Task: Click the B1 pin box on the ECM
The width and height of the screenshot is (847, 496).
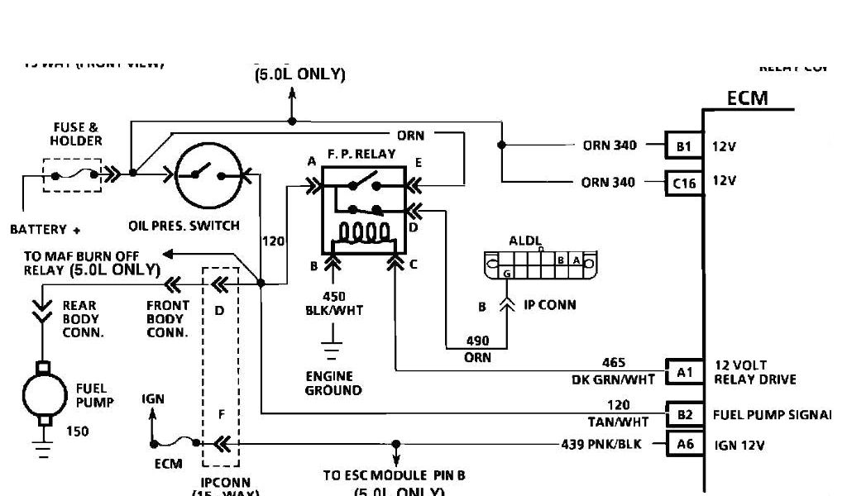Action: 684,146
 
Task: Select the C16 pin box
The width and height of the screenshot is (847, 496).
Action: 684,183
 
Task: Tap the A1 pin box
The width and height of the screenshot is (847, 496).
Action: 684,372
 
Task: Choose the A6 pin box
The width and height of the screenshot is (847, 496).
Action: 684,444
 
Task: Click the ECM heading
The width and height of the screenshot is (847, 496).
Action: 747,98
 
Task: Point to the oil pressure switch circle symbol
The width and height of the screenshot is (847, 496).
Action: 208,174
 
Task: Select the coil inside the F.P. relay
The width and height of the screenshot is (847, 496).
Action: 361,231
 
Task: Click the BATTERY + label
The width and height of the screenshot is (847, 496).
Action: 50,228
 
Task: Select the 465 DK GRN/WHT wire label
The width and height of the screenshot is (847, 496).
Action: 613,371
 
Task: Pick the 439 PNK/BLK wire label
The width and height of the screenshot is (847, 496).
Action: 607,444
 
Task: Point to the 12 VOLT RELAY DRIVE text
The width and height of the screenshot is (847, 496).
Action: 754,373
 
